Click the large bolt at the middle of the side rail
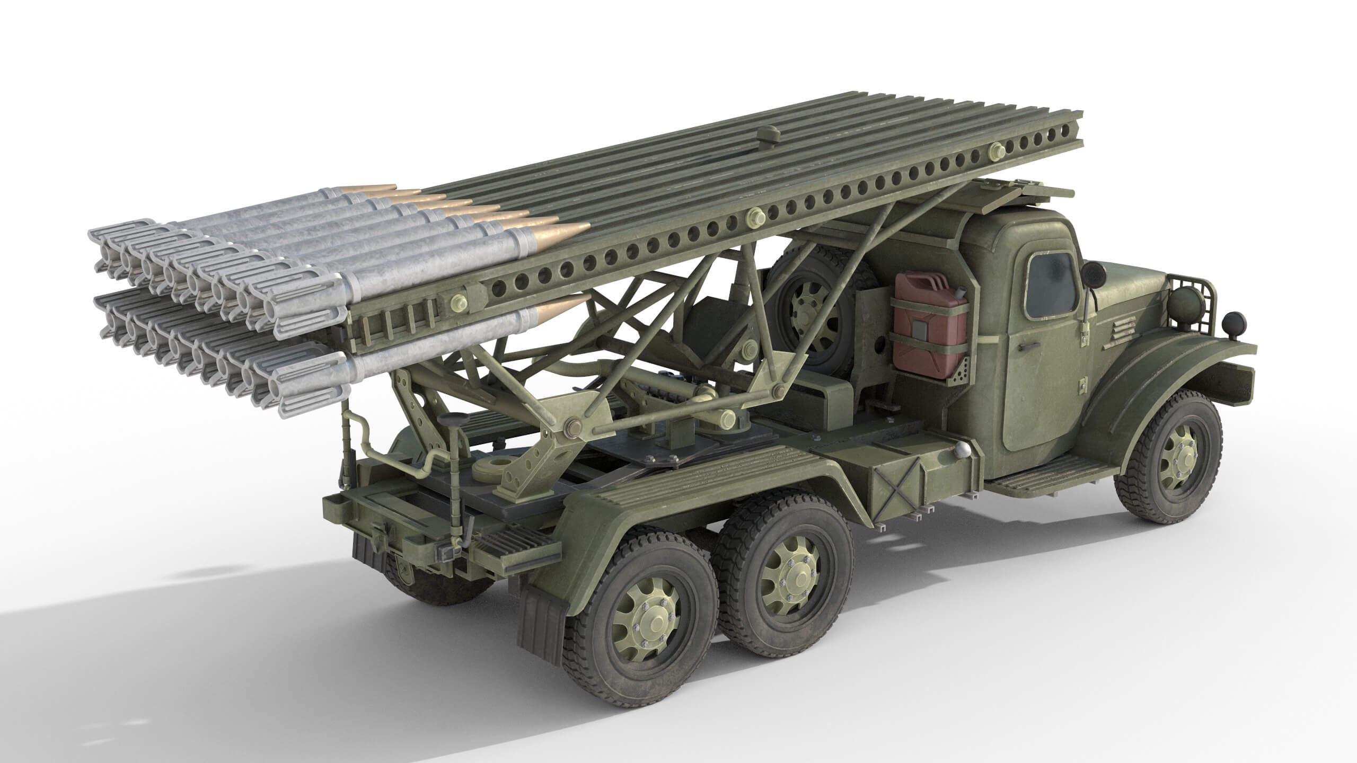point(754,216)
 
